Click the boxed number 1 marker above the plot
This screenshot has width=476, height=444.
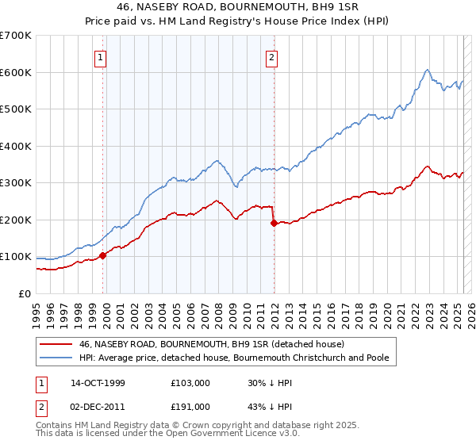(x=102, y=56)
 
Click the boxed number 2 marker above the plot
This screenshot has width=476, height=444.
(x=271, y=56)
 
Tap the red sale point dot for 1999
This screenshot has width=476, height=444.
(x=103, y=255)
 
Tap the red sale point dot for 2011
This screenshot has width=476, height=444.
(x=274, y=223)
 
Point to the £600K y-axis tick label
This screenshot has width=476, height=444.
(x=16, y=72)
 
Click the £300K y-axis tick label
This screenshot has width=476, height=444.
(x=16, y=182)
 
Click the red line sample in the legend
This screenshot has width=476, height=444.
(x=56, y=344)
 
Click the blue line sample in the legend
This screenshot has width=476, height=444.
(x=56, y=358)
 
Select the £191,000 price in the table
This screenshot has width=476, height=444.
(x=190, y=406)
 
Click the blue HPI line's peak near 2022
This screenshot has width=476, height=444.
(x=427, y=70)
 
